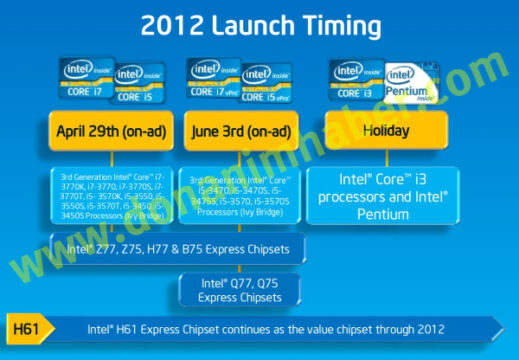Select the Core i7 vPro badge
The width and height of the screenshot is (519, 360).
pos(213,79)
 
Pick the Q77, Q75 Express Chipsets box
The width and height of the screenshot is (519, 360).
pos(240,289)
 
